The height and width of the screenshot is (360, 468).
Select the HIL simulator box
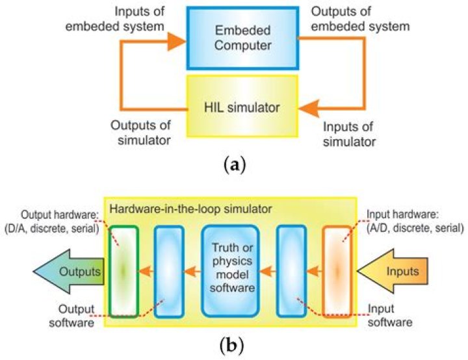pos(241,106)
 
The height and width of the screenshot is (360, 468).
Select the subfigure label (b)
pos(234,344)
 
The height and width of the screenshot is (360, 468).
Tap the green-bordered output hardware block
pos(123,270)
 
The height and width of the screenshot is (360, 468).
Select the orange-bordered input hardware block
pos(336,270)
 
